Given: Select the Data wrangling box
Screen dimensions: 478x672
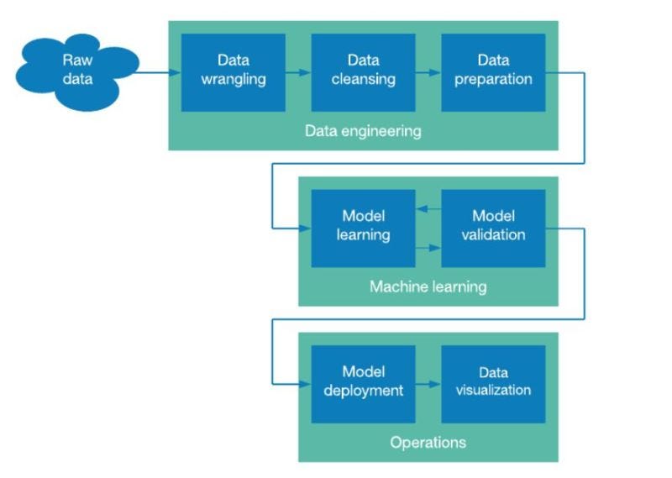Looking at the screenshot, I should [x=233, y=72].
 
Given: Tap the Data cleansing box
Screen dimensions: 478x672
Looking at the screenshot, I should [x=363, y=72].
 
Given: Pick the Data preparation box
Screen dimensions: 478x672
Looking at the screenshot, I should [x=493, y=72].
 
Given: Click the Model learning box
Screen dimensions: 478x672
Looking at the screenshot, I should [x=363, y=228].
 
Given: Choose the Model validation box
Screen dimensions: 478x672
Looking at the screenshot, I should [x=493, y=228].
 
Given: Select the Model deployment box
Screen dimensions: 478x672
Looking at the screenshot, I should [x=363, y=382].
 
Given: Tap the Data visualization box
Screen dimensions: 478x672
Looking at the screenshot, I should [x=493, y=382].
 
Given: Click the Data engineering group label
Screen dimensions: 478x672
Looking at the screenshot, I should [x=363, y=132].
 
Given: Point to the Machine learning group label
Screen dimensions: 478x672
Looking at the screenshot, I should [x=428, y=287].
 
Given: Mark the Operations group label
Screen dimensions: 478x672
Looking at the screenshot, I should [x=428, y=442].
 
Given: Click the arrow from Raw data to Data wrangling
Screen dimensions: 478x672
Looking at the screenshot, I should [x=160, y=72].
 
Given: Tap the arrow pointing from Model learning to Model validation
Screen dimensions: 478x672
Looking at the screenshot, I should [x=428, y=248].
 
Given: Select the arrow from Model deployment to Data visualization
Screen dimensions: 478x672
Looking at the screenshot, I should [x=428, y=384].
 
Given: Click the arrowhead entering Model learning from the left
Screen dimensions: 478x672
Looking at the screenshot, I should [x=306, y=228].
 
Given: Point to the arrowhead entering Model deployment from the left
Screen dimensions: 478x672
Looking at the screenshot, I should [x=306, y=384].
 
